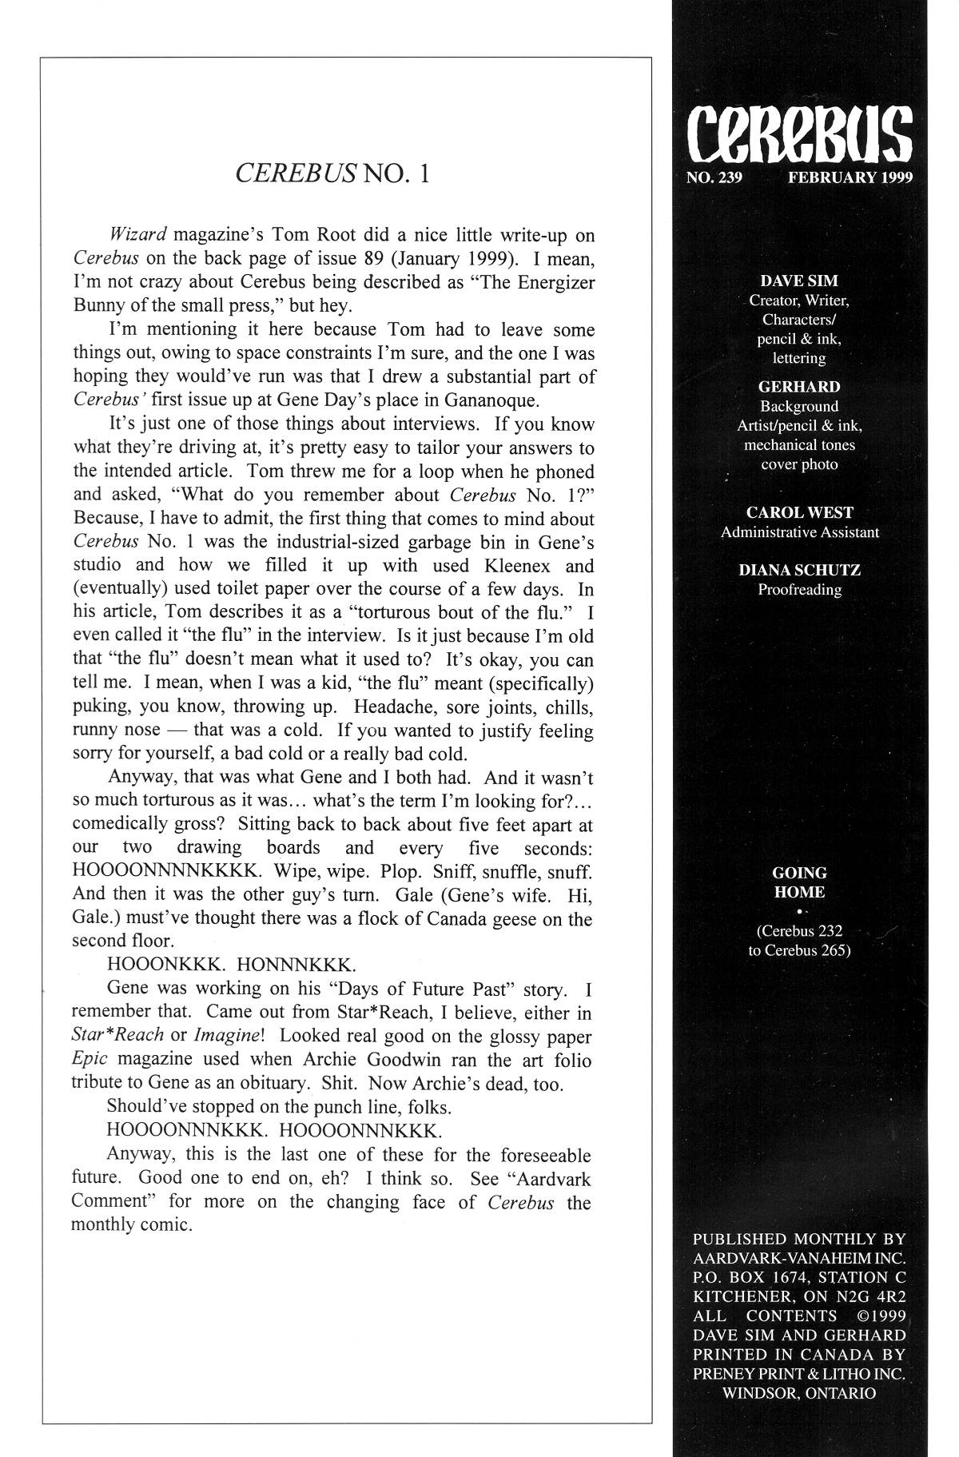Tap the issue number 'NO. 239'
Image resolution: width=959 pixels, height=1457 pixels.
click(x=714, y=177)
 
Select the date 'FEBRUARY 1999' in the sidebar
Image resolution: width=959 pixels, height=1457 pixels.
click(x=850, y=177)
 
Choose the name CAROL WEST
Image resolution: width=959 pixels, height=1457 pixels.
click(x=799, y=512)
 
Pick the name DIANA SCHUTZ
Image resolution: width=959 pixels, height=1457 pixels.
click(x=799, y=570)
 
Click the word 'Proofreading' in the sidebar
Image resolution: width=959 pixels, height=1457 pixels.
click(x=799, y=590)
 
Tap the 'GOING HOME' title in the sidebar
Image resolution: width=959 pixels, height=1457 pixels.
click(x=799, y=882)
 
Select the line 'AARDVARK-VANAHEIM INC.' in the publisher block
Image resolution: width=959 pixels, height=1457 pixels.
click(x=798, y=1258)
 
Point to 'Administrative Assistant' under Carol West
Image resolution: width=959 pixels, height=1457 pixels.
click(x=799, y=532)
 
